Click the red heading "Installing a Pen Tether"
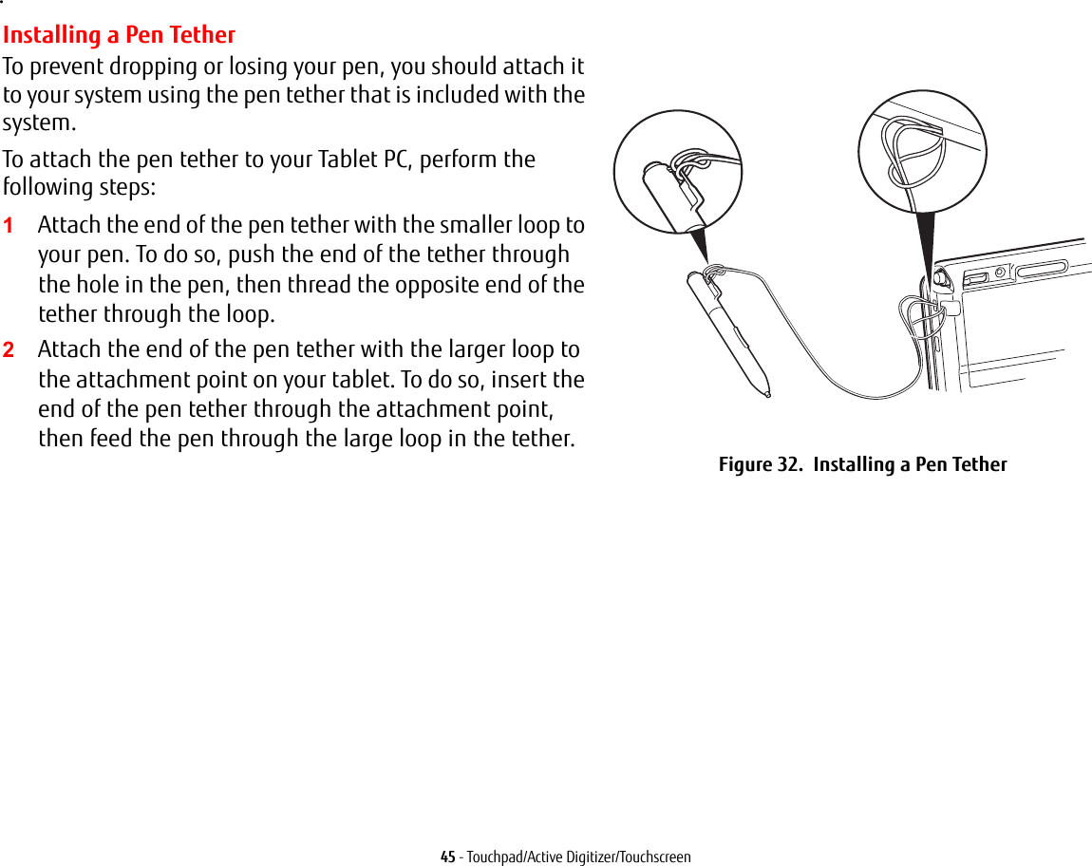coord(119,35)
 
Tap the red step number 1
coord(8,226)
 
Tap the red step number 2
coord(8,350)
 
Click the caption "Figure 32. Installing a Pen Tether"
coord(862,464)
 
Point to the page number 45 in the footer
coord(448,857)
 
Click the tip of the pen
coord(766,393)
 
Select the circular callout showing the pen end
coord(677,172)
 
